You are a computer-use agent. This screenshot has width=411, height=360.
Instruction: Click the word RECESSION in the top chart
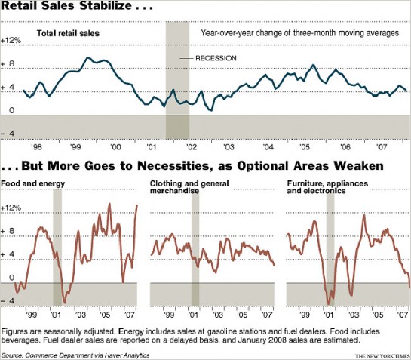(216, 58)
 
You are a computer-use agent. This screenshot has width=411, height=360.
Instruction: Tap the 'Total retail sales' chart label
(68, 33)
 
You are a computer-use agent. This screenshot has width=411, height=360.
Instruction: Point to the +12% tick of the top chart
(11, 41)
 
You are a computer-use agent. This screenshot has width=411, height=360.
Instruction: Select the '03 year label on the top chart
(229, 147)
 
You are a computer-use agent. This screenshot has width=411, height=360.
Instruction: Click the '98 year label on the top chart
(36, 147)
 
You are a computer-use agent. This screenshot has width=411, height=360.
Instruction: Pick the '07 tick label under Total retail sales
(382, 147)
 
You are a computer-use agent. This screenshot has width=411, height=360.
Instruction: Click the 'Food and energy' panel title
(32, 183)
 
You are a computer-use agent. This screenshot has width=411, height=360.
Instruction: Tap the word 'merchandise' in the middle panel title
(174, 191)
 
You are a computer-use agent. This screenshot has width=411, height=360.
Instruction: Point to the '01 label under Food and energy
(56, 315)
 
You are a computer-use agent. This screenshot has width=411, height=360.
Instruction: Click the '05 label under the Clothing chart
(242, 315)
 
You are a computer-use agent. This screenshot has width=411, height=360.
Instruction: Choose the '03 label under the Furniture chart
(354, 315)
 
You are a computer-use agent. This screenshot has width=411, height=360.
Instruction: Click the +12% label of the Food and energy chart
(11, 208)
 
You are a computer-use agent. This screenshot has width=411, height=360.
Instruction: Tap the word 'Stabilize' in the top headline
(106, 5)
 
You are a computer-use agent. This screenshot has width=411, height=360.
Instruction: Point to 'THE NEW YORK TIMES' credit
(382, 356)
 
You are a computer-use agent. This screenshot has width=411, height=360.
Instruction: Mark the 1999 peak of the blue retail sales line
(87, 57)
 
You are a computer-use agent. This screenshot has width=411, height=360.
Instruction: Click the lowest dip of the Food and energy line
(65, 303)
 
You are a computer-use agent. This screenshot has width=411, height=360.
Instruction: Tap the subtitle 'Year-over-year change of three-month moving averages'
(300, 33)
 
